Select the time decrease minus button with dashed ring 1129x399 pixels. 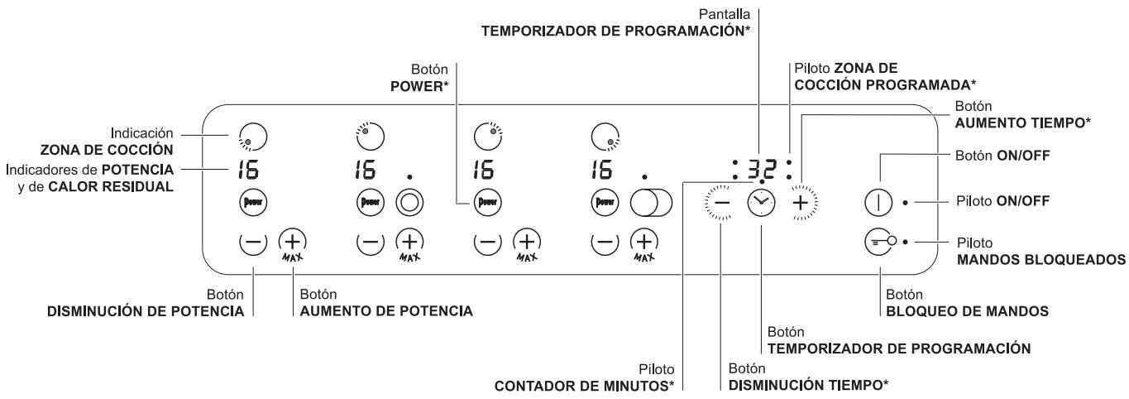click(720, 201)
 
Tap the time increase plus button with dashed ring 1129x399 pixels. click(800, 201)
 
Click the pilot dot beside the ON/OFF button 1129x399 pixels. click(907, 201)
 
